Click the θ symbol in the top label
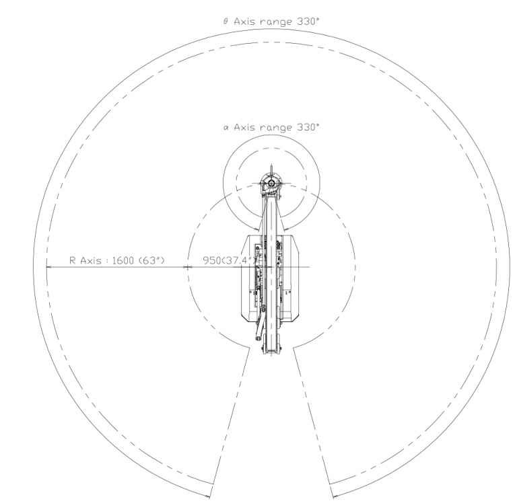[x=226, y=22]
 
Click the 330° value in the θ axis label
[x=308, y=22]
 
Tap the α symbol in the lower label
[x=226, y=128]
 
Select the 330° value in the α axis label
[x=308, y=127]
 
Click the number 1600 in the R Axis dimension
[x=123, y=260]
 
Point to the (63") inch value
[x=151, y=260]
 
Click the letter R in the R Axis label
[x=73, y=260]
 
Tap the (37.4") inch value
[x=239, y=260]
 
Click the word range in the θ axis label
[x=276, y=22]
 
